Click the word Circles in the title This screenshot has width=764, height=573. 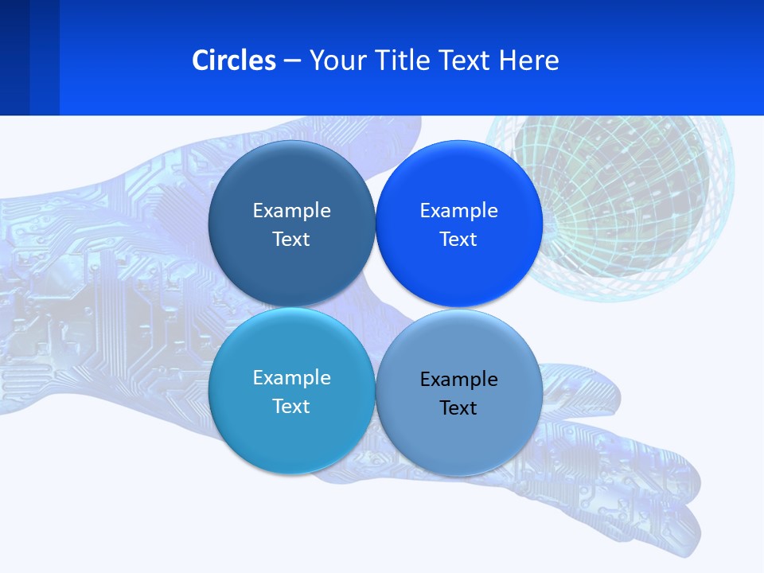click(234, 60)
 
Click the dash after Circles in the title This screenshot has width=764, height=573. click(292, 61)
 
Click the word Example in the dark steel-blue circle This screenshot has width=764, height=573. click(291, 211)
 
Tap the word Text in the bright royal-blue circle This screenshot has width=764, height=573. click(458, 240)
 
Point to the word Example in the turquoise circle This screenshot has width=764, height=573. click(291, 378)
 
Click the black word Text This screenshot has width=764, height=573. click(458, 408)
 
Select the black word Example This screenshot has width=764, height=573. click(458, 380)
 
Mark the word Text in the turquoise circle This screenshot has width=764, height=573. click(291, 407)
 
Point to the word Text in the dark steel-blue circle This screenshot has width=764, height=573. click(291, 240)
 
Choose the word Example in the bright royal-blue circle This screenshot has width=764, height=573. click(458, 211)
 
